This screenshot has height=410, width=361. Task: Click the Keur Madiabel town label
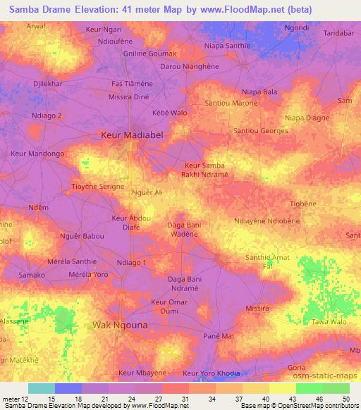pyautogui.click(x=131, y=133)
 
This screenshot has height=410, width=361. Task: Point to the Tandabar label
pyautogui.click(x=338, y=33)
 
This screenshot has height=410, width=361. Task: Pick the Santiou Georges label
pyautogui.click(x=260, y=131)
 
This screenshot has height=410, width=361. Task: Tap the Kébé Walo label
pyautogui.click(x=170, y=113)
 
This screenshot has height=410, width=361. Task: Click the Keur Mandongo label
pyautogui.click(x=38, y=153)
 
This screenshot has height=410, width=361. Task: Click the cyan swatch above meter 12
pyautogui.click(x=41, y=388)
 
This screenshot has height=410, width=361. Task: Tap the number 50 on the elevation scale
pyautogui.click(x=345, y=399)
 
